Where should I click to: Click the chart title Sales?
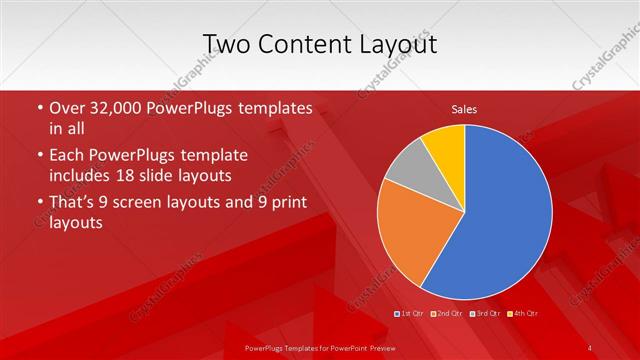pos(464,108)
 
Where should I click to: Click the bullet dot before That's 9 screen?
pos(37,203)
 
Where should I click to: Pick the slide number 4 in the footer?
pos(590,347)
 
